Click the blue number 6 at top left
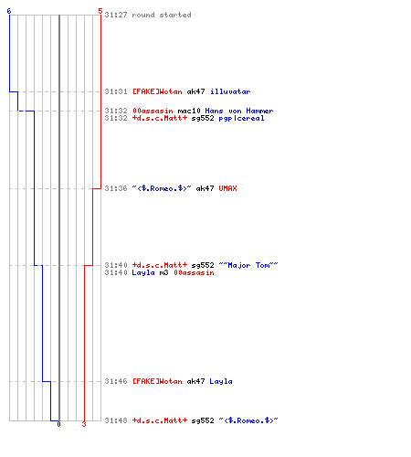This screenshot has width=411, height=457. pyautogui.click(x=9, y=11)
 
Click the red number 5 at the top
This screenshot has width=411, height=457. pyautogui.click(x=100, y=11)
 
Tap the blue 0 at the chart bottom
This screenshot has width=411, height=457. pyautogui.click(x=58, y=424)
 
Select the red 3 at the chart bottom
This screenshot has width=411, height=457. pyautogui.click(x=84, y=424)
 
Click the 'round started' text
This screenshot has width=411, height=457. pyautogui.click(x=162, y=15)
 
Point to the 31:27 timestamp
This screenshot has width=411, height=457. pyautogui.click(x=116, y=15)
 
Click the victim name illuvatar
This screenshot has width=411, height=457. pyautogui.click(x=230, y=91)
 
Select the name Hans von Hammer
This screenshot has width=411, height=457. pyautogui.click(x=239, y=111)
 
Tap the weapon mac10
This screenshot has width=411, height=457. pyautogui.click(x=189, y=111)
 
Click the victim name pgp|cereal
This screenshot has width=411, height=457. pyautogui.click(x=241, y=118)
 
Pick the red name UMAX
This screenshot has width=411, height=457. pyautogui.click(x=227, y=188)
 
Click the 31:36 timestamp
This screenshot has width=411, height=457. pyautogui.click(x=116, y=188)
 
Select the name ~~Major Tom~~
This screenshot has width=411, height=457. pyautogui.click(x=248, y=265)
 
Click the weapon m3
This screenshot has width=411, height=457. pyautogui.click(x=163, y=272)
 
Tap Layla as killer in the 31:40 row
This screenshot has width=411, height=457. pyautogui.click(x=143, y=272)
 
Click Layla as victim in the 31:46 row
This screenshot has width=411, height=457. pyautogui.click(x=221, y=381)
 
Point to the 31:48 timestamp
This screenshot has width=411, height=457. pyautogui.click(x=116, y=420)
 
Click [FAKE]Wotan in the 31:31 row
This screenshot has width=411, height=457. pyautogui.click(x=157, y=91)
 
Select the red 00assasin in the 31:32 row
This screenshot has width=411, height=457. pyautogui.click(x=153, y=111)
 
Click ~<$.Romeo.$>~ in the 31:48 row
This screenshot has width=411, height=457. pyautogui.click(x=248, y=420)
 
